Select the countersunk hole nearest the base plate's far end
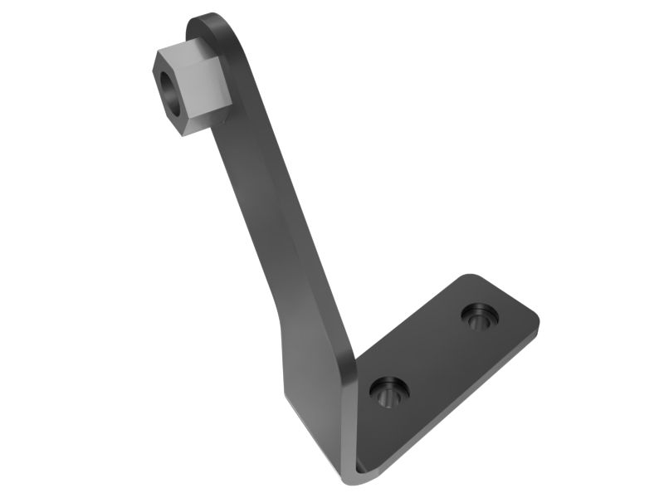tap(480, 315)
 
